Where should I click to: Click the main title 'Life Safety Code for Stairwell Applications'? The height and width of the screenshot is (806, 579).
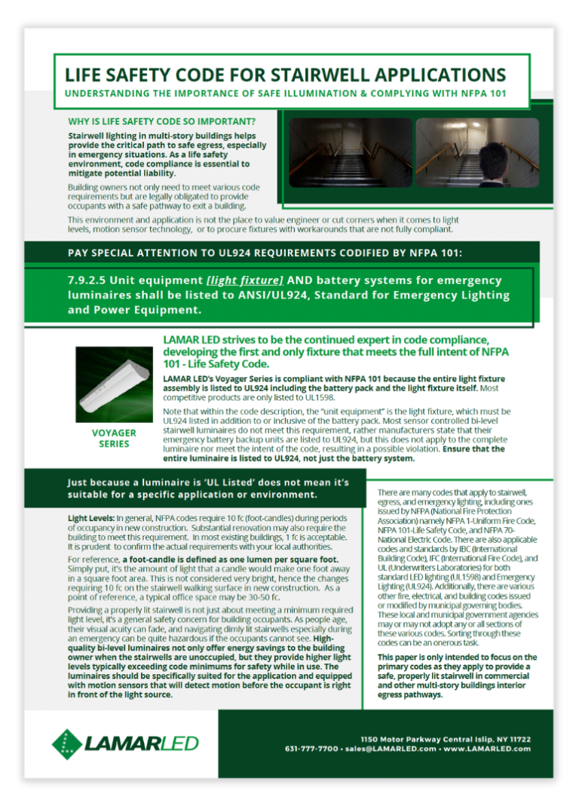(x=285, y=75)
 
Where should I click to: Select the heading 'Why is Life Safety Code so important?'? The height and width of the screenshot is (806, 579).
(x=161, y=121)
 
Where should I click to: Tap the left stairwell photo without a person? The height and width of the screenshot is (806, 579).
(x=351, y=153)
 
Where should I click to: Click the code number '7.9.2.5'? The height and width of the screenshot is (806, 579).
(x=91, y=280)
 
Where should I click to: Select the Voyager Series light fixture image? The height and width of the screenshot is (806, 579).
(x=114, y=385)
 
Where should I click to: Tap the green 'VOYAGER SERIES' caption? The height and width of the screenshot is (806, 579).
(x=114, y=438)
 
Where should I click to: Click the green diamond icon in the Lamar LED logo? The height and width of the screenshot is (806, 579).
(x=67, y=743)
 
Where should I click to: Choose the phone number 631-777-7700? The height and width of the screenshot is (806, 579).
(x=311, y=749)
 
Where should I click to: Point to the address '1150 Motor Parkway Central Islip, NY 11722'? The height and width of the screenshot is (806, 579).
(x=446, y=740)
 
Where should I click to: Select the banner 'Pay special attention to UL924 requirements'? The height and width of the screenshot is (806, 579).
(x=278, y=251)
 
